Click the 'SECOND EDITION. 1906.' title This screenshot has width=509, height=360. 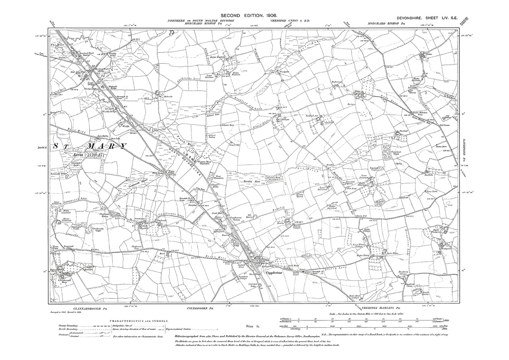248,16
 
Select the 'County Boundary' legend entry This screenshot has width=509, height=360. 66,326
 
